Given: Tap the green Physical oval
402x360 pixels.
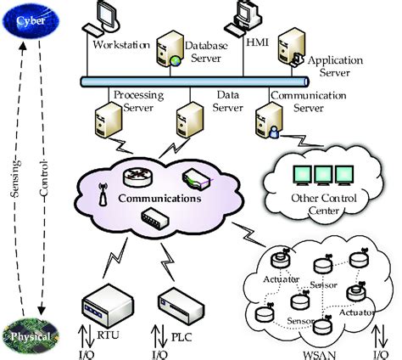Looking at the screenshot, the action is coord(31,336).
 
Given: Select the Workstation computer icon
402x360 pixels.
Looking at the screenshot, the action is coord(101,18).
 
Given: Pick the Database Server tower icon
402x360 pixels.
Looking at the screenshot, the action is coord(169,48).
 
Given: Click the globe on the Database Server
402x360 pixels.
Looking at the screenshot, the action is coord(176,60).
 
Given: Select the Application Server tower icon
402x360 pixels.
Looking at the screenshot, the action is coord(292,47).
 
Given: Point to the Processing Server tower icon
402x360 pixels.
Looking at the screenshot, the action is coord(108,120).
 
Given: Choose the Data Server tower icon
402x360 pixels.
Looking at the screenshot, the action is coord(190,120).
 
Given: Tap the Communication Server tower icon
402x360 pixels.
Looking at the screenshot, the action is coord(269,121).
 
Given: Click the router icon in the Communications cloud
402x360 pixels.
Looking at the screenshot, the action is coord(138,177).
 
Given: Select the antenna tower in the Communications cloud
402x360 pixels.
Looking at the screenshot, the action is coord(103,194).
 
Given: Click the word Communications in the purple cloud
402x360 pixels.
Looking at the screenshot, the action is coord(160,198).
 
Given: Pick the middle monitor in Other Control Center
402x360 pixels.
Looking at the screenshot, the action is coord(323,176).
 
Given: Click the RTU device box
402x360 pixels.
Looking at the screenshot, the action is coord(108,302).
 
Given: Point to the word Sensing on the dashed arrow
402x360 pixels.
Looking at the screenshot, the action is coord(16,178).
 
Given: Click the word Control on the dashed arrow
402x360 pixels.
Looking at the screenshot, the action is coord(44,178).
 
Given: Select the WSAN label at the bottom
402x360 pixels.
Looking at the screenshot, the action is coord(320,356).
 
